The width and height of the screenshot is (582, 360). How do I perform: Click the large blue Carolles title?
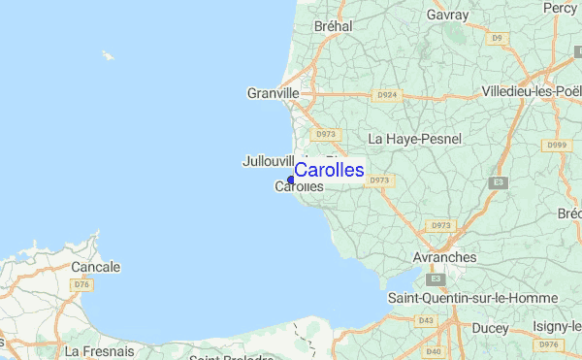pos(329,170)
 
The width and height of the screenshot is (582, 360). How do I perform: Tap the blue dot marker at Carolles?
pos(290,180)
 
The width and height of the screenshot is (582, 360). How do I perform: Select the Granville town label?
pos(274,93)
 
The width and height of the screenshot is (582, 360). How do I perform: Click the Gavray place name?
pos(447,16)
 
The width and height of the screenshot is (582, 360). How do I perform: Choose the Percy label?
pos(560,8)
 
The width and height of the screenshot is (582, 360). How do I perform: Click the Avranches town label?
pos(444,257)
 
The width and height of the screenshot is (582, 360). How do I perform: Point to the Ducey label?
pos(489,328)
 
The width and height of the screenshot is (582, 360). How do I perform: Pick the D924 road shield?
pos(385,95)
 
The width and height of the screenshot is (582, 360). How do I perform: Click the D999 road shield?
pos(556,145)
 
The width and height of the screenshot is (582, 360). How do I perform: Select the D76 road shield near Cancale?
pos(81,284)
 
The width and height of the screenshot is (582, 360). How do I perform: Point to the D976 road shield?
pos(550,344)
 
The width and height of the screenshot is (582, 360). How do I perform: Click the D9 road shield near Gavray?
pos(498,38)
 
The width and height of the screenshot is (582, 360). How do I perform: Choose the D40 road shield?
pos(433,350)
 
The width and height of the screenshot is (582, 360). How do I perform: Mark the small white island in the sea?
pos(107,55)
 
